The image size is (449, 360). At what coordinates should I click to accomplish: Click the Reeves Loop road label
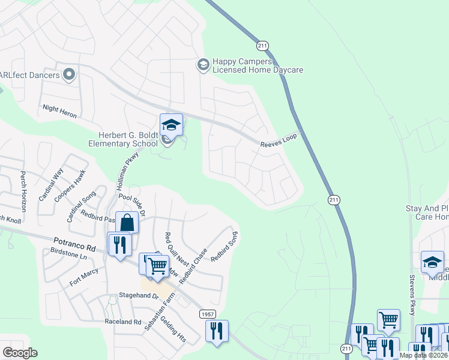pyautogui.click(x=279, y=140)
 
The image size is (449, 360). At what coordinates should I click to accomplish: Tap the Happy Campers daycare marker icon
pyautogui.click(x=203, y=64)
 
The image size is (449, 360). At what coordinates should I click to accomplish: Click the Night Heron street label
pyautogui.click(x=59, y=110)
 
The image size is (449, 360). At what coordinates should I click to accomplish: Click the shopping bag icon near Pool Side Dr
pyautogui.click(x=127, y=223)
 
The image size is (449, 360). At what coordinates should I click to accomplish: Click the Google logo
pyautogui.click(x=20, y=353)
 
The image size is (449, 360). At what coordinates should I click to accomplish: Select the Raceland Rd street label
pyautogui.click(x=122, y=322)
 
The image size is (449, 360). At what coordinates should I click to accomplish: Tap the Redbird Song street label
pyautogui.click(x=225, y=245)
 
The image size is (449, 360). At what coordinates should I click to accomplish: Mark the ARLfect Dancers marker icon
pyautogui.click(x=68, y=75)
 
